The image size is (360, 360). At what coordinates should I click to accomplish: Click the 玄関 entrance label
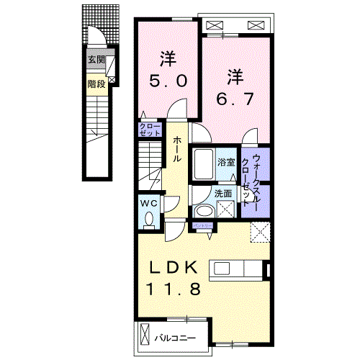tap(96, 60)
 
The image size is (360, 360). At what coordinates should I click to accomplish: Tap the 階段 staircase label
tap(96, 83)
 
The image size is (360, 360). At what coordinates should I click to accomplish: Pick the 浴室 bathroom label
tap(227, 163)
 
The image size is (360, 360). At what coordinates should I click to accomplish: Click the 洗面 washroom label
tap(223, 194)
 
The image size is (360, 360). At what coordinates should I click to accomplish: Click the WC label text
tap(148, 203)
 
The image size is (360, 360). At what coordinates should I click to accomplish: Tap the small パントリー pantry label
tap(202, 226)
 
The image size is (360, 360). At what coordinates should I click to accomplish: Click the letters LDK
tap(173, 268)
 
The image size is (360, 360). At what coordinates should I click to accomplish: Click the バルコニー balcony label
tap(176, 336)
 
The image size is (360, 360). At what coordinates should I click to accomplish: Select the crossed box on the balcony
tap(147, 336)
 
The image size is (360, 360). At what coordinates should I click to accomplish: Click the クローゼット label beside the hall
tap(150, 130)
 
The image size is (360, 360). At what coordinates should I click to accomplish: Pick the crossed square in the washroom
tap(225, 210)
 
